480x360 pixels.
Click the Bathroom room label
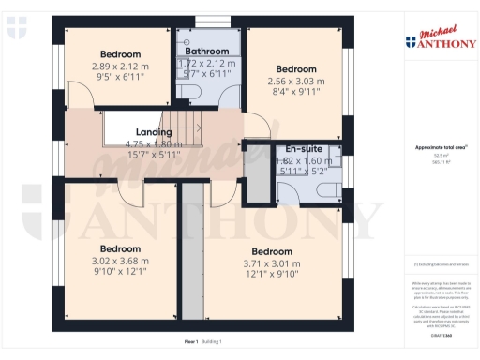coord(206,51)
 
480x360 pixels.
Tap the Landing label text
coord(154,133)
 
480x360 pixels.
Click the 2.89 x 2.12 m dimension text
coord(121,67)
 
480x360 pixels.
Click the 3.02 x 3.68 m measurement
coord(120,261)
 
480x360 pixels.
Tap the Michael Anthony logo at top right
coord(442,38)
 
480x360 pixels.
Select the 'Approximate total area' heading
coord(434,147)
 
